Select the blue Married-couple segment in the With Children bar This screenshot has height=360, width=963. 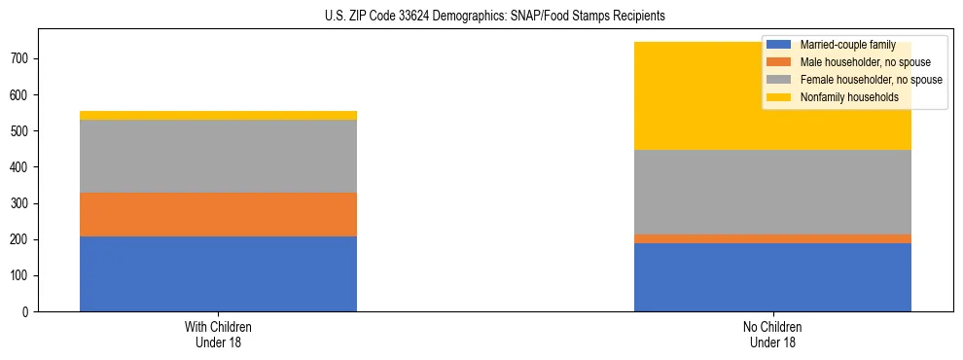[218, 273]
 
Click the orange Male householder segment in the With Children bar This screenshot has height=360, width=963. [218, 214]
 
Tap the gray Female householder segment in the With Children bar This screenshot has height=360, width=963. [218, 156]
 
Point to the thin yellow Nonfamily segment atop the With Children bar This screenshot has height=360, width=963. [218, 115]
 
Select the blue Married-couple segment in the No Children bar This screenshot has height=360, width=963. [772, 277]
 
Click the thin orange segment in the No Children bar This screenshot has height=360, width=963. [772, 238]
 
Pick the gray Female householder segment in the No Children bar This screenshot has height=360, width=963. [772, 192]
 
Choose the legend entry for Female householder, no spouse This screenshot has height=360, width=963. [869, 80]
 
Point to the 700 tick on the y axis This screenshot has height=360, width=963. [21, 58]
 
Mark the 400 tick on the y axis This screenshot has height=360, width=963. [21, 167]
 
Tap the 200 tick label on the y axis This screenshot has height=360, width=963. [21, 239]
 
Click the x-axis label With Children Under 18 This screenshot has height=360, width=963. [218, 335]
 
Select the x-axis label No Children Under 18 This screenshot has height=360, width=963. [772, 335]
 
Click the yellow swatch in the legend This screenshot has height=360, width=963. [780, 97]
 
